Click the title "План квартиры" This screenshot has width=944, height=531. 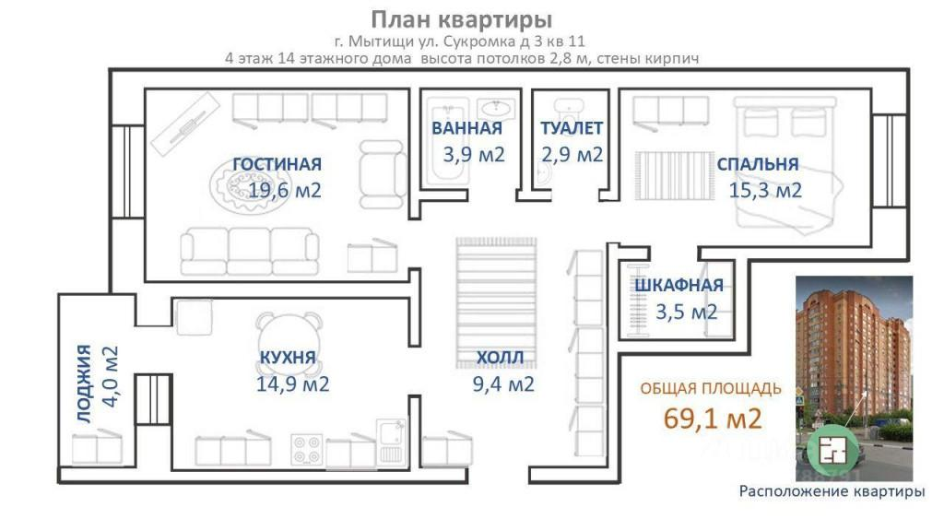pos(462,19)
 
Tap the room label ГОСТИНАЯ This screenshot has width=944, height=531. pos(277,164)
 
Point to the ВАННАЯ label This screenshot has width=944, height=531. pos(466,129)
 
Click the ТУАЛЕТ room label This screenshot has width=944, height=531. pos(572,129)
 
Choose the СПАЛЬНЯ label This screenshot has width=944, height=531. pos(758,165)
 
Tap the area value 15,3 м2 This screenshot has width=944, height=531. pos(765,191)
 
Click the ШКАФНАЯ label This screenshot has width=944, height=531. pos(678,286)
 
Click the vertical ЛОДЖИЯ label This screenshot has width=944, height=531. pos(85,383)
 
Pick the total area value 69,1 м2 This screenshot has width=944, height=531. pos(713,419)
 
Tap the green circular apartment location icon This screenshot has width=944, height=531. pos(832,450)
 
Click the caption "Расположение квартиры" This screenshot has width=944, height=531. pos(832,491)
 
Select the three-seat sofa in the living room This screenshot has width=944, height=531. pos(250,250)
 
